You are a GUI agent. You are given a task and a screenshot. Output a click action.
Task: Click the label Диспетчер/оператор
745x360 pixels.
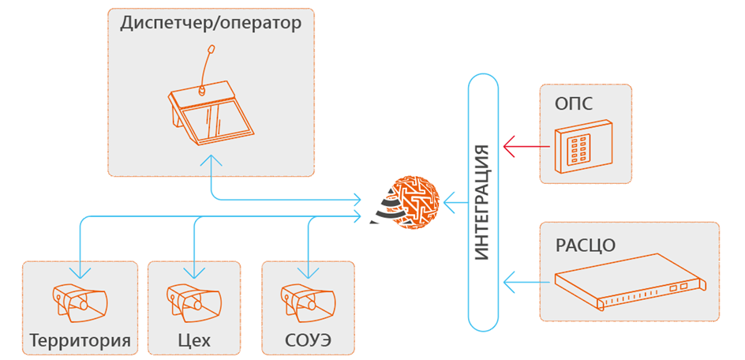pyautogui.click(x=211, y=24)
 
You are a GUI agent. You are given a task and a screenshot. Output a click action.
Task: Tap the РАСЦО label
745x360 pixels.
pyautogui.click(x=586, y=243)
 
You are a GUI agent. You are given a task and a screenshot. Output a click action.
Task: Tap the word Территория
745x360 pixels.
pyautogui.click(x=80, y=342)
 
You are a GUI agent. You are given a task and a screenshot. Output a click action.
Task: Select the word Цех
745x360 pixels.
pyautogui.click(x=193, y=342)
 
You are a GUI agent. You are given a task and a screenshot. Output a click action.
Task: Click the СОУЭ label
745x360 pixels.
pyautogui.click(x=308, y=342)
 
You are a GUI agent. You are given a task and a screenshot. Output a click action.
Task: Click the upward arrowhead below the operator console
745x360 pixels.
pyautogui.click(x=211, y=160)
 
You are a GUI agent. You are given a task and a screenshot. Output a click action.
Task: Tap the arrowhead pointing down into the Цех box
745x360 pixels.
pyautogui.click(x=193, y=272)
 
